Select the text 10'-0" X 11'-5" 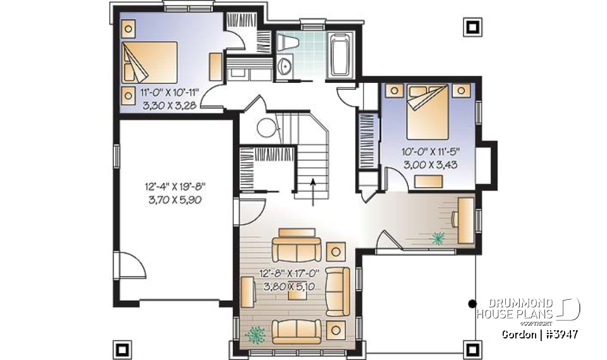tap(431, 152)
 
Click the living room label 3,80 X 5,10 tap(290, 285)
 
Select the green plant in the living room tap(257, 333)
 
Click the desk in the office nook tap(465, 219)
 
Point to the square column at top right tap(472, 26)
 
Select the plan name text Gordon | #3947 tap(541, 333)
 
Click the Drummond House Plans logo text tap(515, 309)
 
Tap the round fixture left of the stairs tap(266, 128)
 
